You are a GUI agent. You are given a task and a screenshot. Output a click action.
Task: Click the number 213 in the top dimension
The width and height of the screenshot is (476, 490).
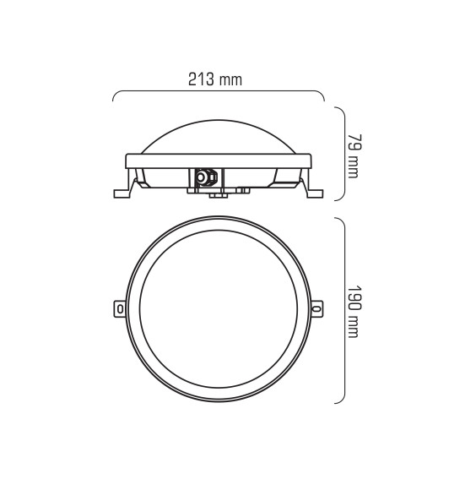pos(201,80)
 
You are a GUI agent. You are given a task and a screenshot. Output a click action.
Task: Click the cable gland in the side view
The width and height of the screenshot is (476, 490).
pos(203,177)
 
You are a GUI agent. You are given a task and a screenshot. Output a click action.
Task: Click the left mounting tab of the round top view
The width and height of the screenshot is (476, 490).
pos(118,308)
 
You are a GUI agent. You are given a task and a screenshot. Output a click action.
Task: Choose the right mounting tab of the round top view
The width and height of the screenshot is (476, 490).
pos(317,308)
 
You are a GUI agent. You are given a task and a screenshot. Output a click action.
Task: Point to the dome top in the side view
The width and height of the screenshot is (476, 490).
pos(219,127)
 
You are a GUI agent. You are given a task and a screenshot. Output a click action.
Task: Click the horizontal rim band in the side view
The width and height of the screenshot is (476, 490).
pos(219,160)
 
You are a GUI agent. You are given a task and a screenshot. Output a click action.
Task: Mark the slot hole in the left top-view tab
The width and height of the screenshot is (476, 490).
pos(119,309)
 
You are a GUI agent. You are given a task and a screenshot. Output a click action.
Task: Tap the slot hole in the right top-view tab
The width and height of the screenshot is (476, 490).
pos(317,309)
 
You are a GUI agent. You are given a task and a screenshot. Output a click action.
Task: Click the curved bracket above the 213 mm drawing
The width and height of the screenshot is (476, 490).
pos(219,91)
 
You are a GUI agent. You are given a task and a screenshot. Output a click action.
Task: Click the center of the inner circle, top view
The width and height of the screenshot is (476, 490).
pos(218,309)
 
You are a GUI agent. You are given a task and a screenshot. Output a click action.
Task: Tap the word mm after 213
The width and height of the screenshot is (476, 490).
pos(230,80)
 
